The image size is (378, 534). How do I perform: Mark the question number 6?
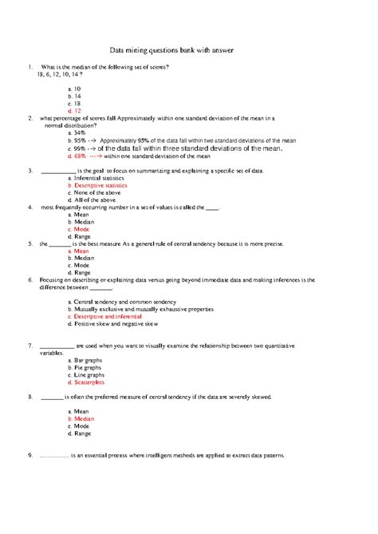tap(29, 280)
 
